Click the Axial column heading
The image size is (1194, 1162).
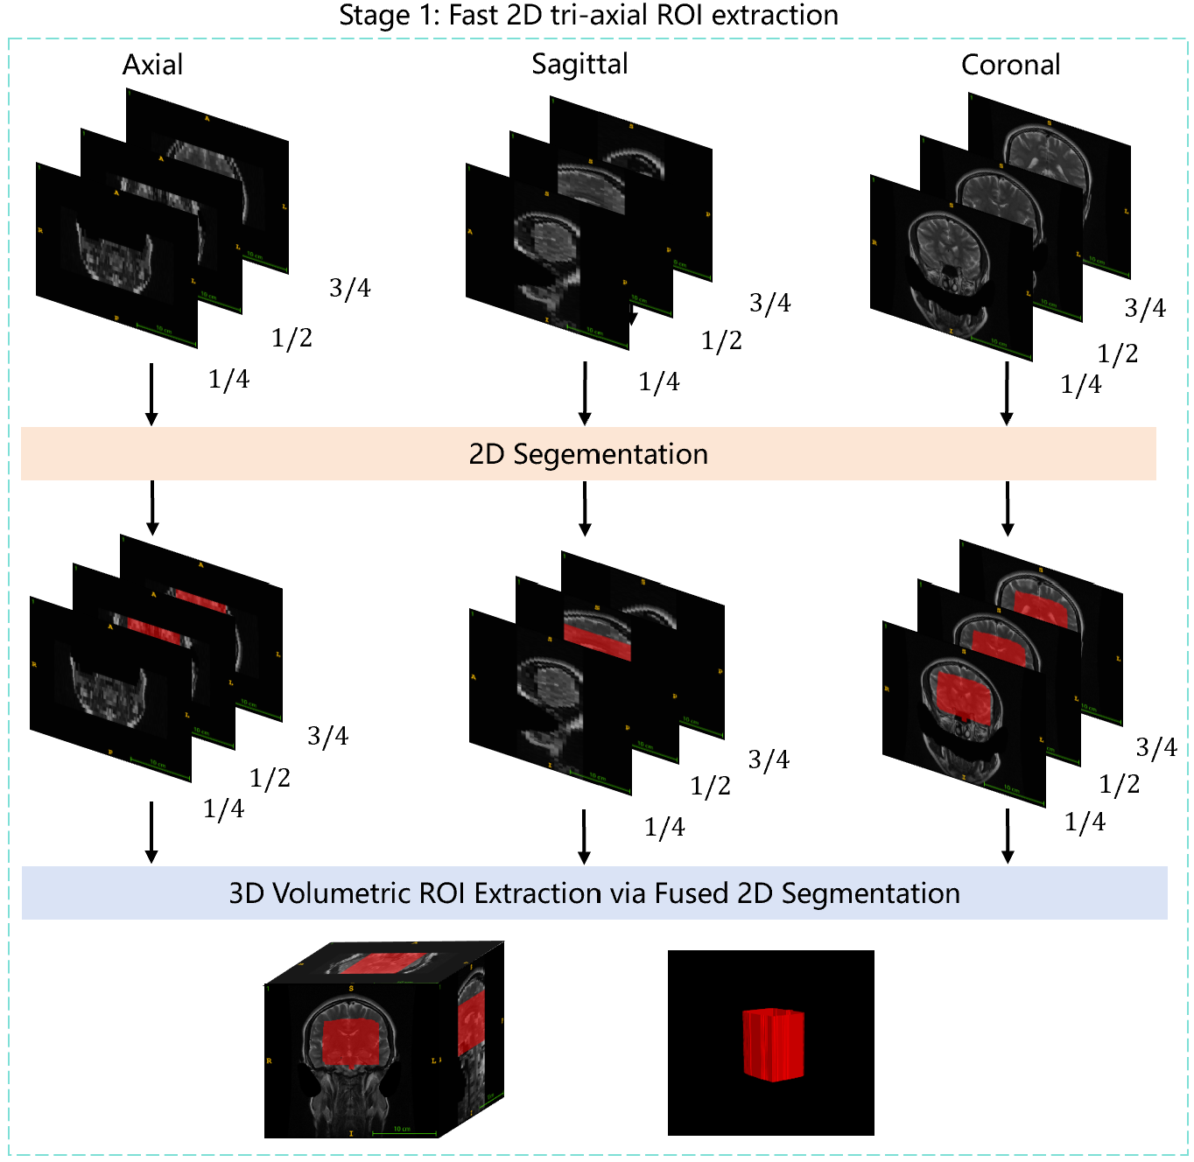pos(152,65)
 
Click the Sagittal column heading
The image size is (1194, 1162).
pos(579,64)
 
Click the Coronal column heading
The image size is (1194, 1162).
pos(1010,65)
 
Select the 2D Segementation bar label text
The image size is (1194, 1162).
pos(588,454)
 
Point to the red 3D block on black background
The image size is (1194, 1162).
pos(773,1044)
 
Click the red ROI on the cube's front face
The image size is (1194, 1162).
pos(351,1043)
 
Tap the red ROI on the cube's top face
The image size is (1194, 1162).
pos(383,962)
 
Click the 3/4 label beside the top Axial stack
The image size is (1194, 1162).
pos(349,288)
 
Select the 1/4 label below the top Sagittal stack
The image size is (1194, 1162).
pos(658,381)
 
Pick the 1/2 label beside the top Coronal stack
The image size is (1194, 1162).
pos(1118,353)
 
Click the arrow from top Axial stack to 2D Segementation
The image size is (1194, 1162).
pos(151,394)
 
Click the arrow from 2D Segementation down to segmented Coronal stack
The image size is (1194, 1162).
pos(1008,507)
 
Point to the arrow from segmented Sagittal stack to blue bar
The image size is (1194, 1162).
pos(584,836)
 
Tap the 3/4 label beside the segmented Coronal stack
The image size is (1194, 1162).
pos(1155,747)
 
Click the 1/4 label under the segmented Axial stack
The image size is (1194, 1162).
pos(223,809)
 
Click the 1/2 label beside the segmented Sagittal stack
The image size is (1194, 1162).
pos(710,786)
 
